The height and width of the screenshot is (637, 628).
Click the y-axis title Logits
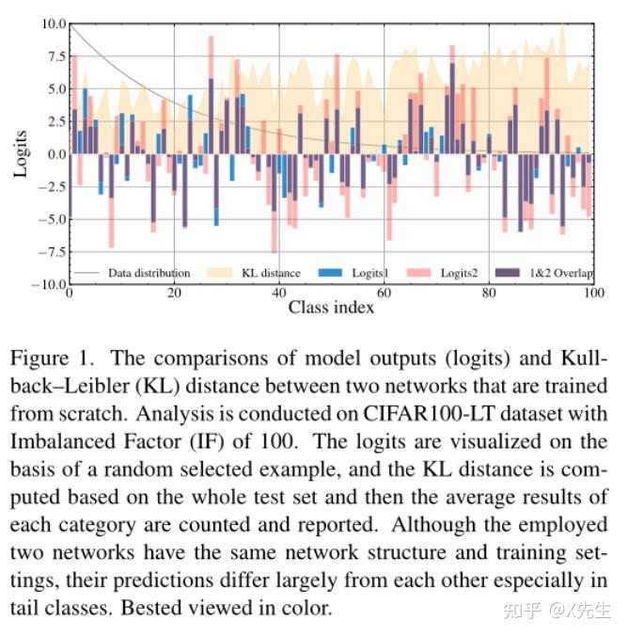[x=20, y=151]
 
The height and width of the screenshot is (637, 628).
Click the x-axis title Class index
[x=331, y=308]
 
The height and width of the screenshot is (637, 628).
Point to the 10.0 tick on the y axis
[x=53, y=23]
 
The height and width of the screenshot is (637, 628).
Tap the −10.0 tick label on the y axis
[x=48, y=285]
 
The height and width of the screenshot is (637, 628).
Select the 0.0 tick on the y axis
[x=55, y=154]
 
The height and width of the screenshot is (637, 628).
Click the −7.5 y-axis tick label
[x=51, y=252]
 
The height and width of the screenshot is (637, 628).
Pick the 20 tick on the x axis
[x=174, y=293]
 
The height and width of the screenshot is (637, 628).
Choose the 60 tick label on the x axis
[x=385, y=293]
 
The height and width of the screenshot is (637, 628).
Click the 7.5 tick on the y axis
[x=55, y=56]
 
